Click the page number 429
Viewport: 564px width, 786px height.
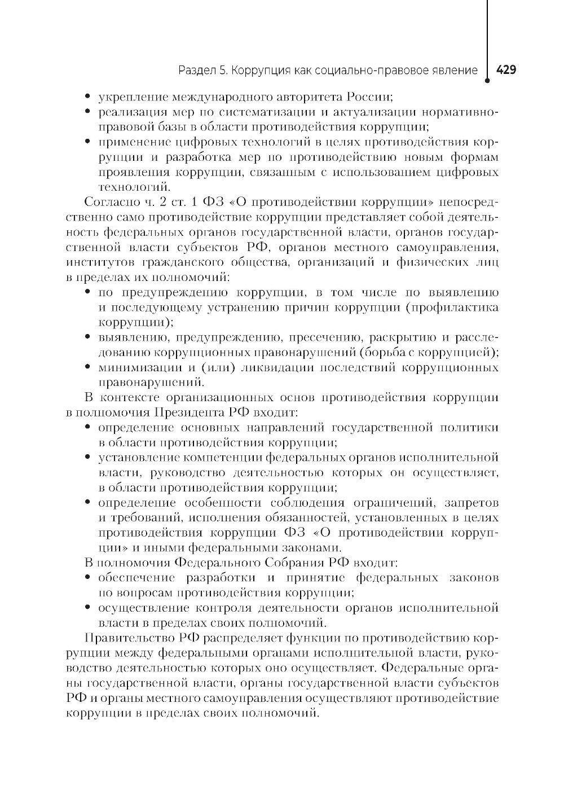506,70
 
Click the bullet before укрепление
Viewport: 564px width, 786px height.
87,97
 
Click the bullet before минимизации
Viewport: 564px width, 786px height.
87,368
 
